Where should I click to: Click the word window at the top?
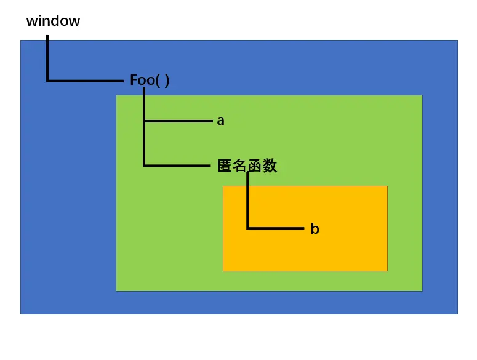click(x=53, y=21)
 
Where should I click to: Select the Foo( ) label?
click(x=150, y=80)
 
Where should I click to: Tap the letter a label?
click(x=220, y=121)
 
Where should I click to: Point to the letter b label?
click(x=315, y=229)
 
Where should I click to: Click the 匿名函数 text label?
click(x=247, y=166)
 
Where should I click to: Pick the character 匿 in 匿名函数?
click(x=225, y=166)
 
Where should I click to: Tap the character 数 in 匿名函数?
click(x=270, y=166)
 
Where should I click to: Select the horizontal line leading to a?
click(x=178, y=121)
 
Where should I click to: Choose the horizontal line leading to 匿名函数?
click(x=178, y=166)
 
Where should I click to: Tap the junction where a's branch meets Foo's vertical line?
click(x=144, y=121)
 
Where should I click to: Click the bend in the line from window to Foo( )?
click(x=47, y=81)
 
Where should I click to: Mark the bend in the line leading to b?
click(x=247, y=228)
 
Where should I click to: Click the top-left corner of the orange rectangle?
click(x=223, y=186)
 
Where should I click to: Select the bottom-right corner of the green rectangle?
click(x=422, y=290)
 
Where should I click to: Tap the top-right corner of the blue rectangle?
click(x=457, y=41)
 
